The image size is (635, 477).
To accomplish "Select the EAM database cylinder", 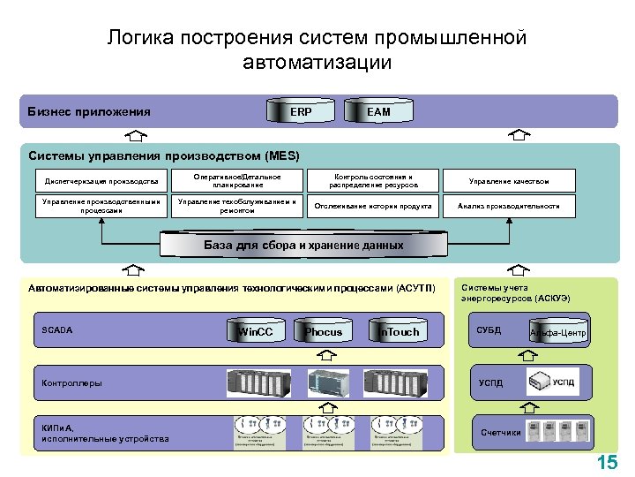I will pyautogui.click(x=378, y=112).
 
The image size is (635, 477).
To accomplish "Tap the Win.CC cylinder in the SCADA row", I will pyautogui.click(x=255, y=331).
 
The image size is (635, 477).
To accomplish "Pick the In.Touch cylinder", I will pyautogui.click(x=399, y=331).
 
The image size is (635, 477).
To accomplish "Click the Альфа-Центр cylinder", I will pyautogui.click(x=557, y=332).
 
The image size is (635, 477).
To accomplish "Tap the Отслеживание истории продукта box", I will pyautogui.click(x=373, y=206).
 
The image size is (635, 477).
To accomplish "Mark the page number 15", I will pyautogui.click(x=607, y=462).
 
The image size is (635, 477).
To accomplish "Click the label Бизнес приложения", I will pyautogui.click(x=88, y=112).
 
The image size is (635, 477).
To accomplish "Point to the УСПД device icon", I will pyautogui.click(x=553, y=382).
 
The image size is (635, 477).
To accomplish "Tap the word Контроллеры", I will pyautogui.click(x=72, y=383).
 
